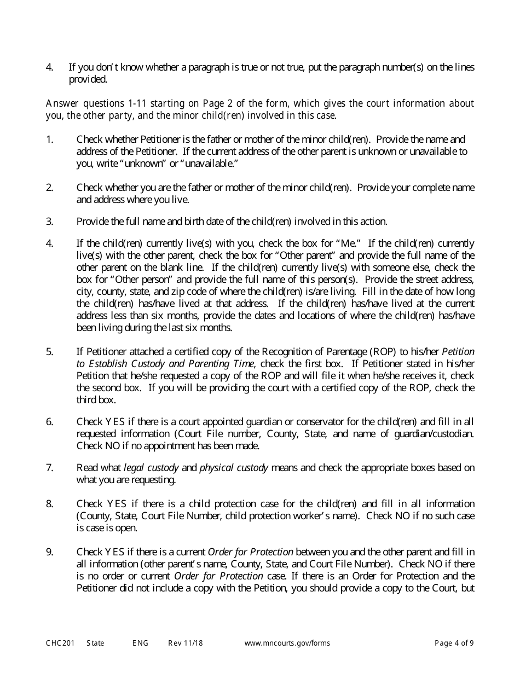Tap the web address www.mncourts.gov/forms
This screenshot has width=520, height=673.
click(x=287, y=643)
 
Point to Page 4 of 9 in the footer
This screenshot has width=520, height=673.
click(x=454, y=643)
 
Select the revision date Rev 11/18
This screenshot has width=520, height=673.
click(x=185, y=643)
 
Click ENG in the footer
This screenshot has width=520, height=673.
click(x=140, y=643)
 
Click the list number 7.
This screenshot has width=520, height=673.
click(x=49, y=468)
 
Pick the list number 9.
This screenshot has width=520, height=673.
click(x=49, y=552)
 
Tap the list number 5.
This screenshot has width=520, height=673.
click(x=49, y=351)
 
